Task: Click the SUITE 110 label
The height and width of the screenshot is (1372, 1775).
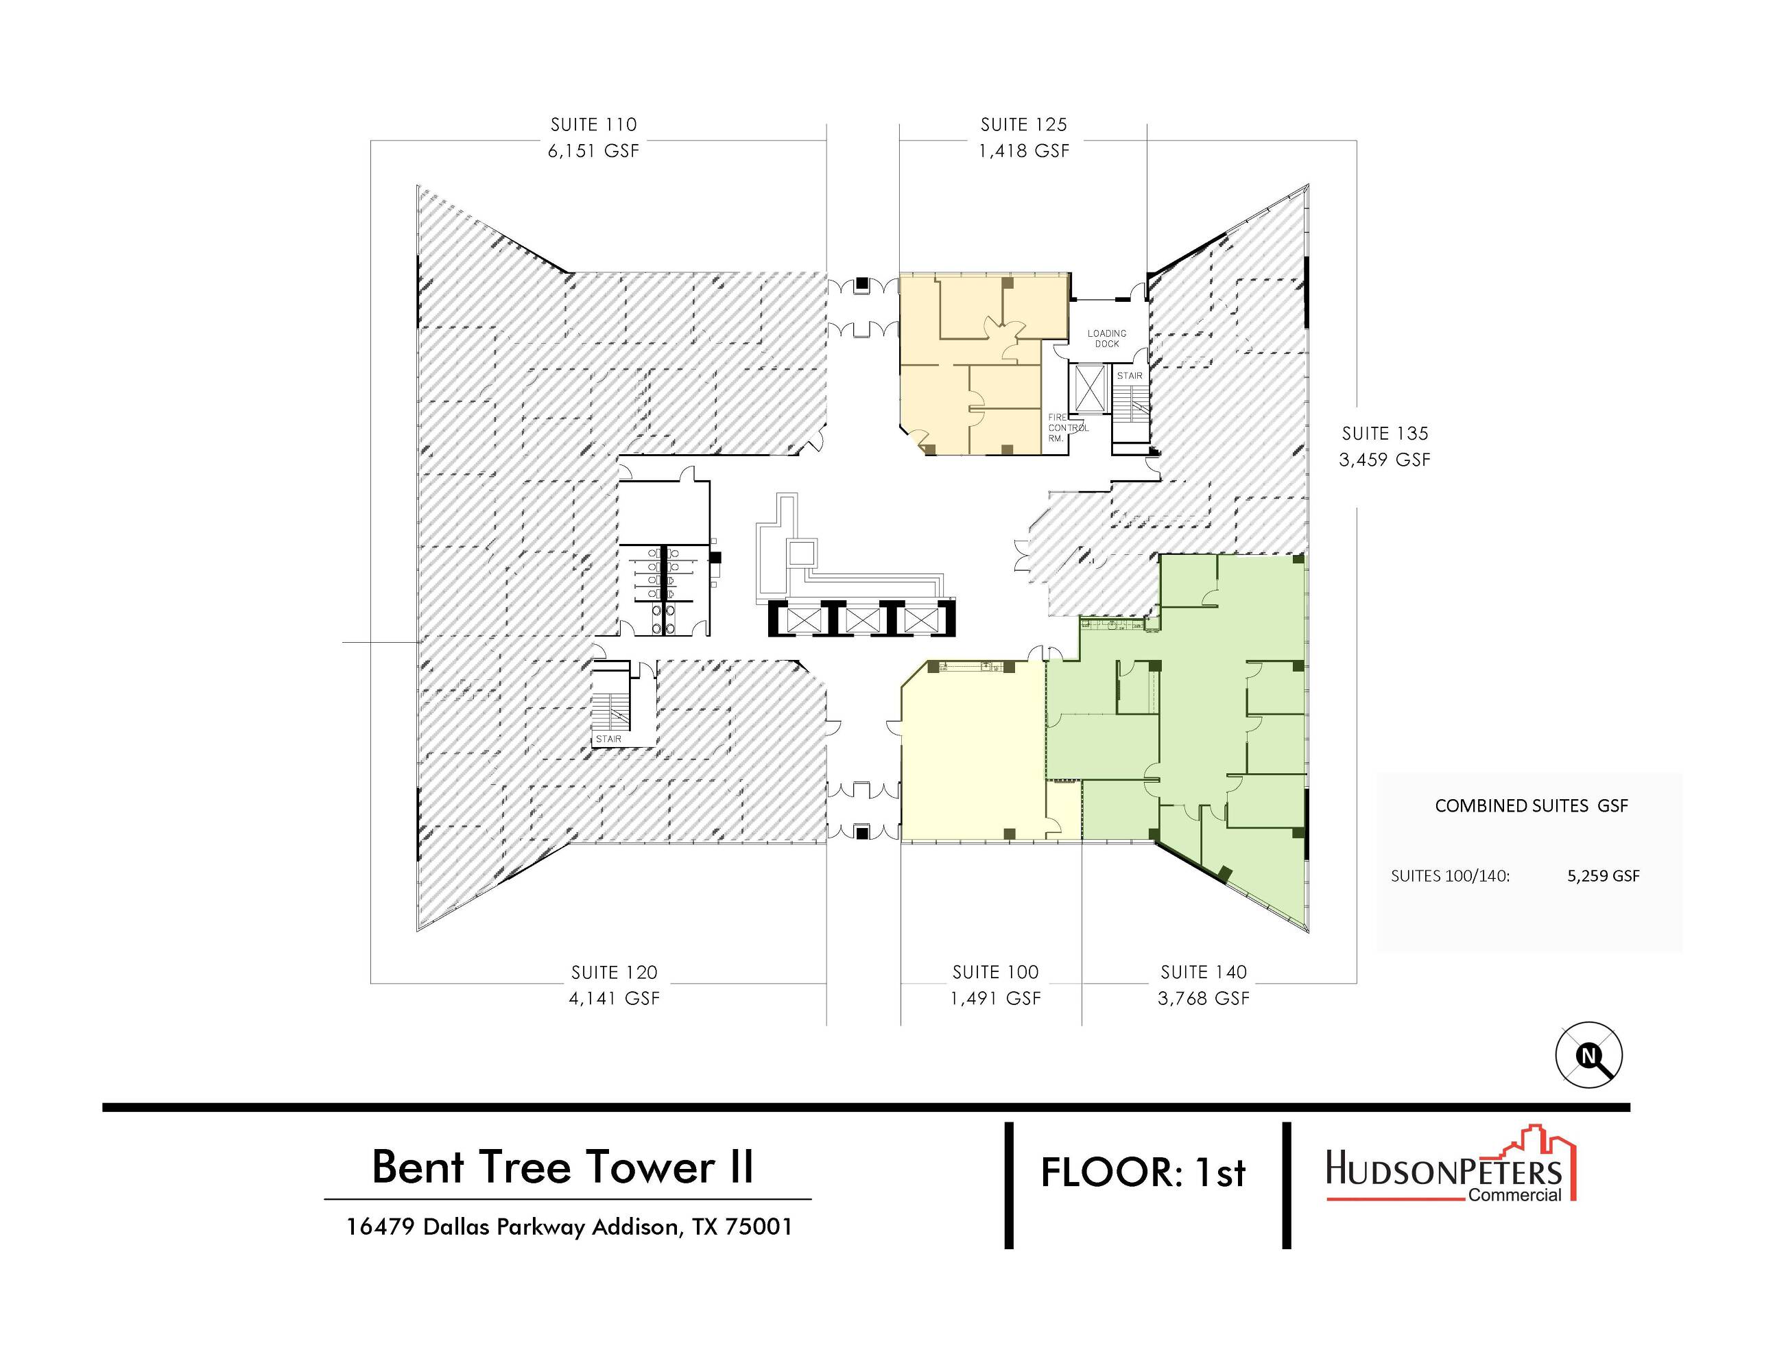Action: [x=593, y=124]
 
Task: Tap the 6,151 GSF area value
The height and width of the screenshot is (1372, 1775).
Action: [x=593, y=150]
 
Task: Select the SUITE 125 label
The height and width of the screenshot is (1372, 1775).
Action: [x=1023, y=124]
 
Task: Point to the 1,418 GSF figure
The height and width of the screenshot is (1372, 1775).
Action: [x=1023, y=150]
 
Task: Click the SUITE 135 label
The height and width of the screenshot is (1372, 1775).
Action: [x=1385, y=434]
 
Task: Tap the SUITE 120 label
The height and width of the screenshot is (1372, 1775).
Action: [x=614, y=972]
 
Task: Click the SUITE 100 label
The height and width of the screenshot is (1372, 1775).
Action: [x=996, y=972]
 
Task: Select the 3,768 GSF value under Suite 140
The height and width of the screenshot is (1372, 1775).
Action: [x=1204, y=998]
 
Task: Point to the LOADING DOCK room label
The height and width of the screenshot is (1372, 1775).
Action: [x=1107, y=338]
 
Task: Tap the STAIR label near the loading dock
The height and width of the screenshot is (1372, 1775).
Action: [x=1130, y=375]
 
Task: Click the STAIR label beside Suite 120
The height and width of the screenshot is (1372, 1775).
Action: [x=609, y=739]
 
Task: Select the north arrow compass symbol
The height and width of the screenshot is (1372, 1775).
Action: [x=1589, y=1055]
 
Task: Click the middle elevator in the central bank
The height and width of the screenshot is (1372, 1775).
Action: [x=862, y=620]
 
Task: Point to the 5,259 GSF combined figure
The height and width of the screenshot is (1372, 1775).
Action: [x=1604, y=876]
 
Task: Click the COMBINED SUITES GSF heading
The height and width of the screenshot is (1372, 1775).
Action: [x=1532, y=805]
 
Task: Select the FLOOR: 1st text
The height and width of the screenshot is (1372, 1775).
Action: [x=1143, y=1173]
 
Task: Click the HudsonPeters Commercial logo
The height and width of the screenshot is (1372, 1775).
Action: [x=1451, y=1164]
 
